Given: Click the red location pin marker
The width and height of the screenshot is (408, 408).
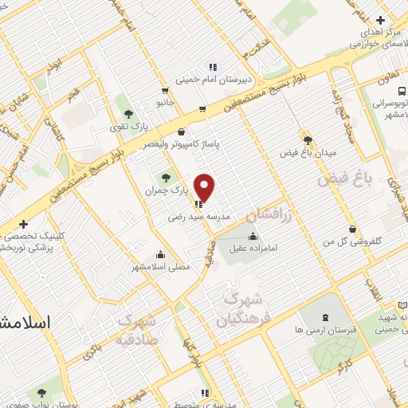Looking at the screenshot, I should [206, 187].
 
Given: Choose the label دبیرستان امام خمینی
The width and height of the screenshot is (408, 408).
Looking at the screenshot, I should [214, 80].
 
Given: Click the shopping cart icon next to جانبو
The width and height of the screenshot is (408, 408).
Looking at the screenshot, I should [164, 91].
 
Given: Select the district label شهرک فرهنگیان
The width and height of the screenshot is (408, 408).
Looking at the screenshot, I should [245, 311].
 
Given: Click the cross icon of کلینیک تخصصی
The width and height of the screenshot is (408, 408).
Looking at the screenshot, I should [24, 225].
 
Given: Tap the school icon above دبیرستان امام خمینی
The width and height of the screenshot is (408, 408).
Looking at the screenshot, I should [213, 67].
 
